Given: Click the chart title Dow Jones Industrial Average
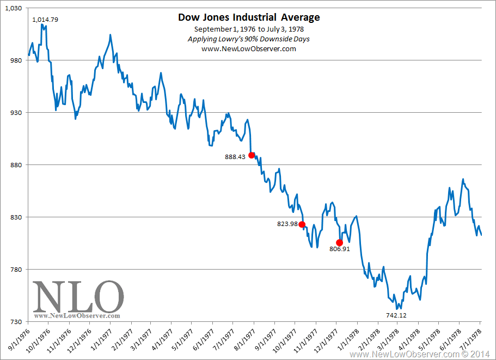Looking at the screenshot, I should pos(249,17).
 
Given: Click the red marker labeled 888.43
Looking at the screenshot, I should pos(252,155).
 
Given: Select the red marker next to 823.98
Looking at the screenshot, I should pos(302,224).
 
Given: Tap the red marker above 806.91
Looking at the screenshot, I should pos(339,242).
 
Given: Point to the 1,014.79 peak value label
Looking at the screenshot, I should pos(45,20).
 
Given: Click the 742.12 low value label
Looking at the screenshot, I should pos(396,315).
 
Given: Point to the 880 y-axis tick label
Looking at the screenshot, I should pos(15,165).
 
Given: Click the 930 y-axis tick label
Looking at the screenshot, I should pos(15,113).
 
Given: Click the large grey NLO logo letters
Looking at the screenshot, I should pos(78,296).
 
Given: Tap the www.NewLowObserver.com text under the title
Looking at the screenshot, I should pos(249,49).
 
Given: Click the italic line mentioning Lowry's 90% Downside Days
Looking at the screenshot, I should pos(249,39).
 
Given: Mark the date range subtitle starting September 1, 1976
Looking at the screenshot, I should pos(249,29).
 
